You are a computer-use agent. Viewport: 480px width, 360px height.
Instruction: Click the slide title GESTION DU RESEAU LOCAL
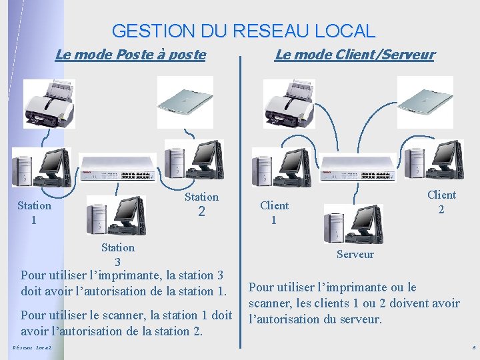coord(243,31)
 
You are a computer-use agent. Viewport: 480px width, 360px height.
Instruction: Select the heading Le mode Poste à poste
coord(130,55)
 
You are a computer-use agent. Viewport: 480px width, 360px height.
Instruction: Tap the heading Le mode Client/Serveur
coord(354,55)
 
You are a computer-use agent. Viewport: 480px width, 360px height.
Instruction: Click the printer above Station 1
coord(49,103)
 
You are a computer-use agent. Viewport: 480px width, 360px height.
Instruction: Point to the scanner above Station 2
coord(185,101)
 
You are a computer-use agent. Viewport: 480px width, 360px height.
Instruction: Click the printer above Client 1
coord(289,103)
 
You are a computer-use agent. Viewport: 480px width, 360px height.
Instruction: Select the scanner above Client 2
coord(425,101)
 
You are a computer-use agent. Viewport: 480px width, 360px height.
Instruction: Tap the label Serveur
coord(355,254)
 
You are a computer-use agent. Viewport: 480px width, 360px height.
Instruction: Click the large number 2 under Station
coord(201,213)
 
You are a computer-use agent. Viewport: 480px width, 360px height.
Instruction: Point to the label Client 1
coord(274,212)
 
